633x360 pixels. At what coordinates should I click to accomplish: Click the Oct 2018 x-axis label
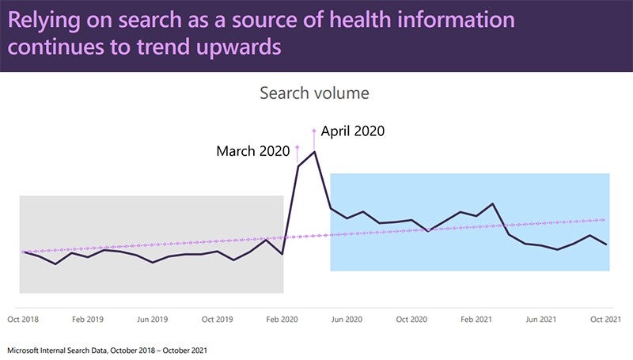(23, 319)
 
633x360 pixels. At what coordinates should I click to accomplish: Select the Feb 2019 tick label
(88, 319)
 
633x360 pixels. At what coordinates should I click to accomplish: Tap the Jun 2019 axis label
(153, 319)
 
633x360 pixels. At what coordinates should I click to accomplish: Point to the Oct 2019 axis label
(217, 319)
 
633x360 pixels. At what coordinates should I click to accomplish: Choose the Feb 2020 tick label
(282, 319)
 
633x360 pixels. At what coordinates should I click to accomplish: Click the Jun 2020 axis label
(347, 319)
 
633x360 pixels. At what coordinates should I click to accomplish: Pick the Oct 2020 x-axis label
(411, 319)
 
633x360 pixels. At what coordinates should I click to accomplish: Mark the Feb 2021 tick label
(476, 319)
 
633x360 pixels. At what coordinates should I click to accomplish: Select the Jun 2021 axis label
(541, 319)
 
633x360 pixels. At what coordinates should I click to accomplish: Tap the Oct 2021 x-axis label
(606, 319)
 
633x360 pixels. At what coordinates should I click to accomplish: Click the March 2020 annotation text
(252, 150)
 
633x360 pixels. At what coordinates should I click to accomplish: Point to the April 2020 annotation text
(353, 131)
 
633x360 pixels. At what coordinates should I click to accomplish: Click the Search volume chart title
(314, 93)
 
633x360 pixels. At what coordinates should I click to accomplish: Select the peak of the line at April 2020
(315, 152)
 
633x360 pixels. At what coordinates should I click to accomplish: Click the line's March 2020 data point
(298, 166)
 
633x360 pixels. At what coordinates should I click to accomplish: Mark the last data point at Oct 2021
(606, 244)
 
